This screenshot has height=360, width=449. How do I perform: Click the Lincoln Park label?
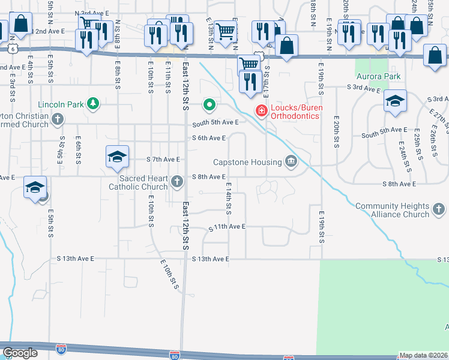click(61, 104)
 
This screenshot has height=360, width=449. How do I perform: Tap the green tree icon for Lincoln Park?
click(93, 104)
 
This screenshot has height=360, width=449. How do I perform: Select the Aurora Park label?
click(378, 77)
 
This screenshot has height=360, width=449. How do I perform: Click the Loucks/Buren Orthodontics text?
click(294, 111)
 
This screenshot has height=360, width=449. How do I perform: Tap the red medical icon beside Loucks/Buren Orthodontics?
click(261, 110)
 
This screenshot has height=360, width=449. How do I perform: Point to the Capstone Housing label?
click(248, 162)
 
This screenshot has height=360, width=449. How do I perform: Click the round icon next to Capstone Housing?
click(291, 161)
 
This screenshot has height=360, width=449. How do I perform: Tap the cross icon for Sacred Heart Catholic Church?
click(177, 181)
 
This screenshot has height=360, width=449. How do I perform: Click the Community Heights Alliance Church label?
click(392, 210)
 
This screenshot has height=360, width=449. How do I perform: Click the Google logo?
click(20, 352)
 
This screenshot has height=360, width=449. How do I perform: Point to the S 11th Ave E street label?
click(227, 227)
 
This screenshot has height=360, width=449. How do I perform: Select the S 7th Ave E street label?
click(163, 160)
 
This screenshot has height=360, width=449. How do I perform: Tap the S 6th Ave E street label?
click(208, 138)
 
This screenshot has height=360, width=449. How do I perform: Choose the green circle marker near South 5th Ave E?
click(209, 106)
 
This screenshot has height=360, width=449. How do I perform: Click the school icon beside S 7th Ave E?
click(118, 157)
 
